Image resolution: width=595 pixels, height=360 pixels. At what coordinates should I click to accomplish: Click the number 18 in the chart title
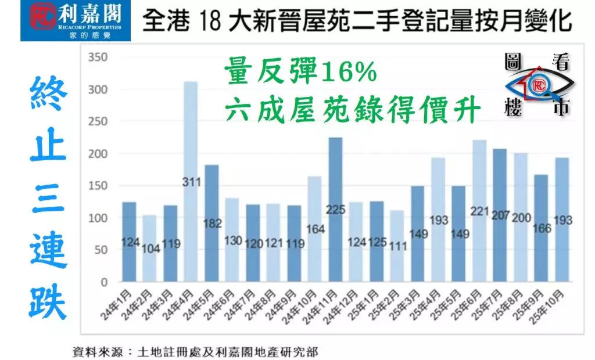pyautogui.click(x=210, y=21)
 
